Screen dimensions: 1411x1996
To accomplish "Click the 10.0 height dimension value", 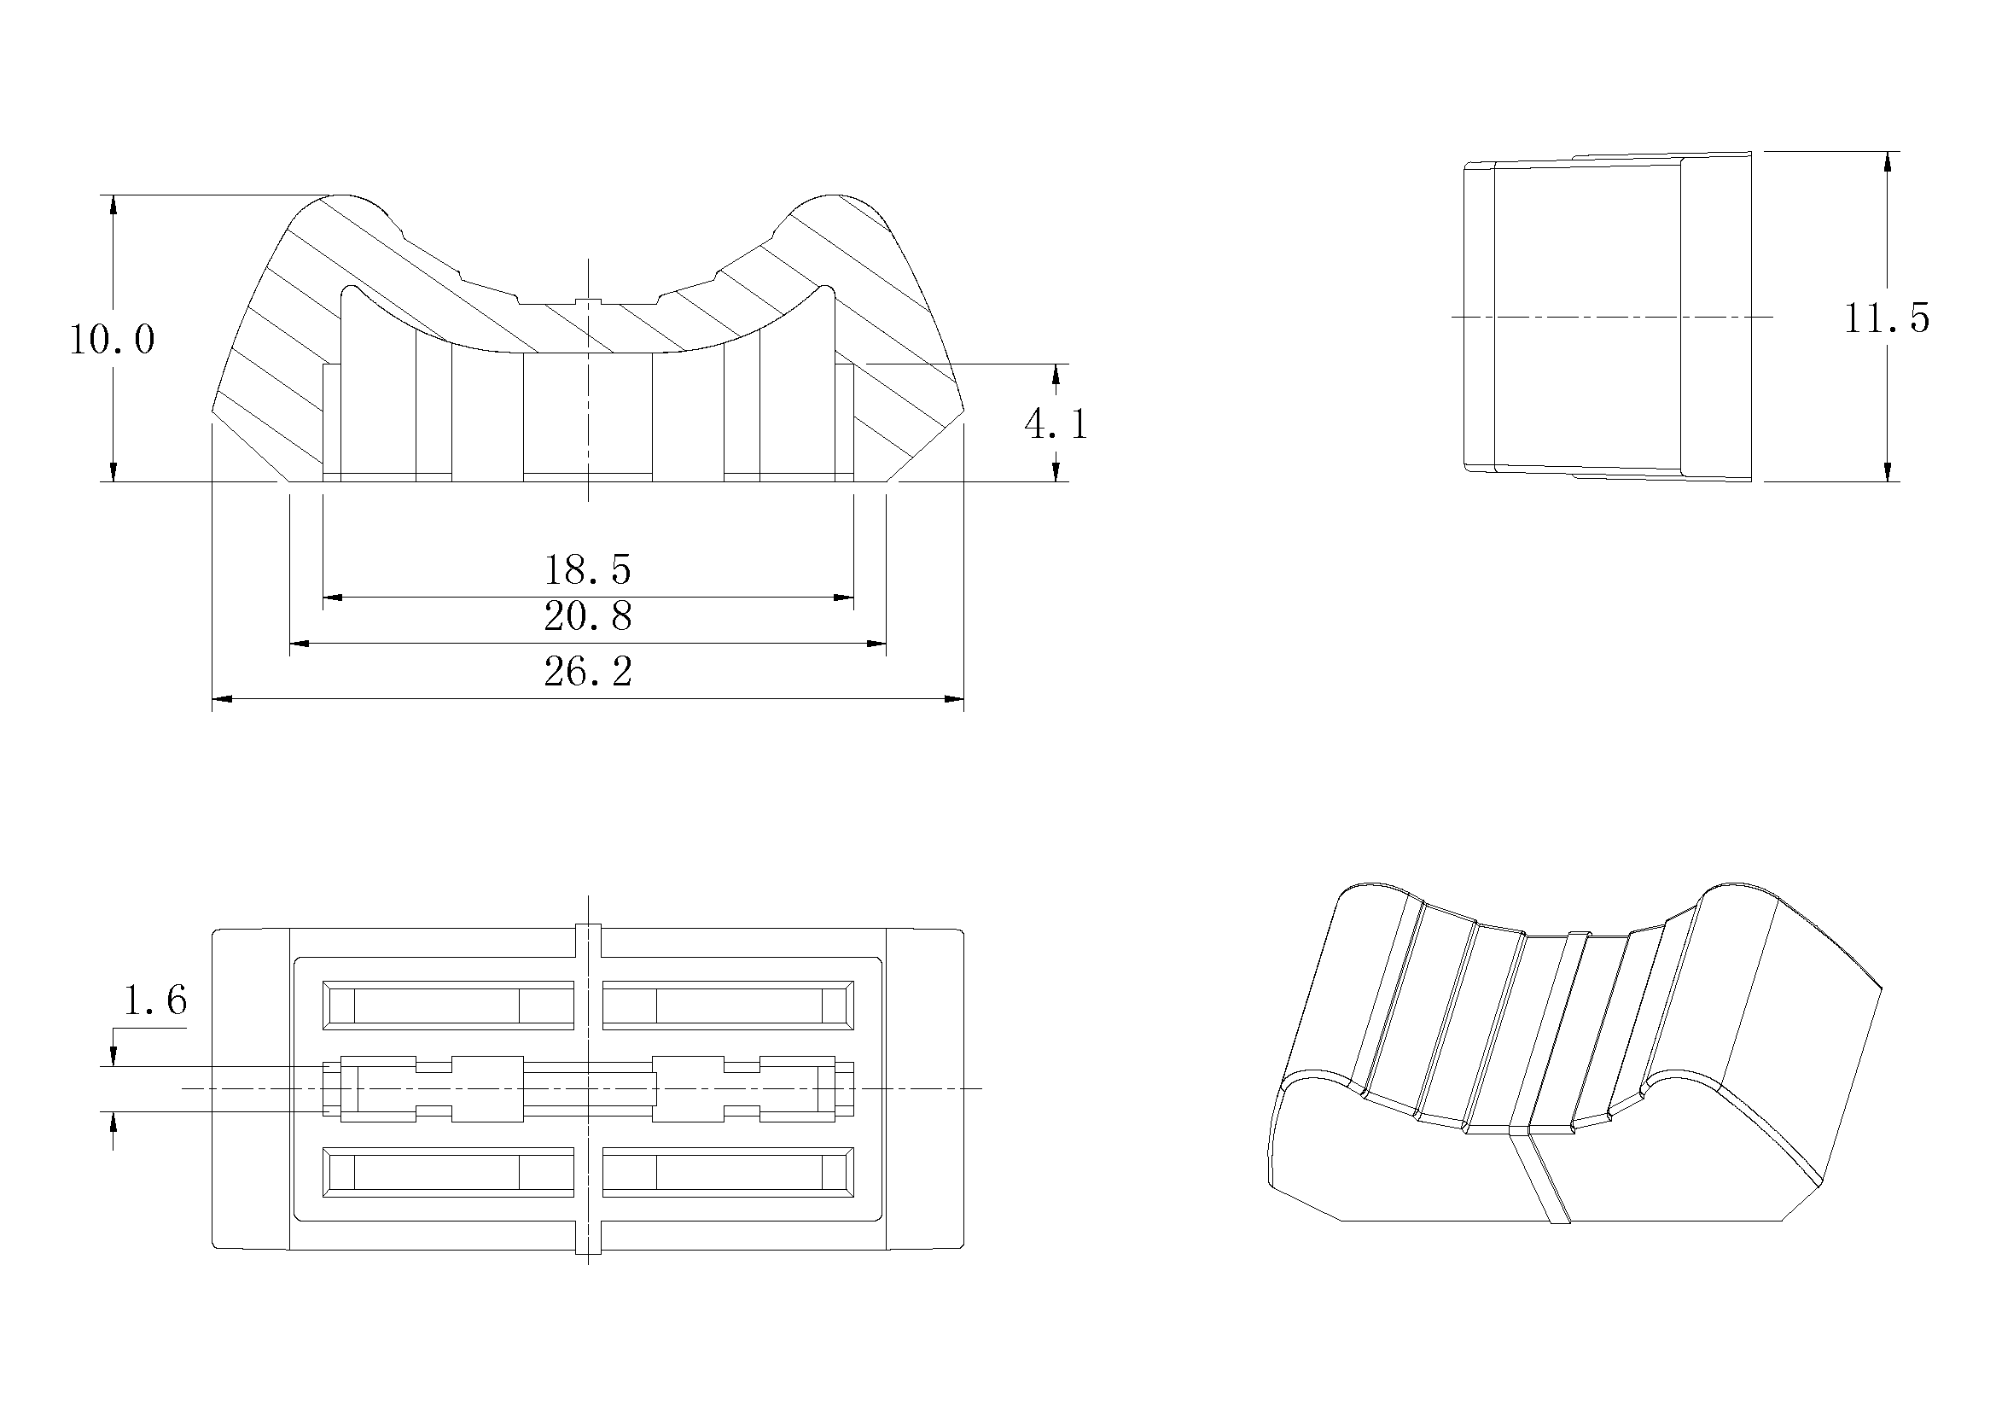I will (x=112, y=339).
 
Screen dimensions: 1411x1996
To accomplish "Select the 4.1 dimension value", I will (x=1056, y=425).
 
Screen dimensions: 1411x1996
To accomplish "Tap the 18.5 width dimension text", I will (x=588, y=570).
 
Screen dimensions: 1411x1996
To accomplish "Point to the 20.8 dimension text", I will (x=588, y=616).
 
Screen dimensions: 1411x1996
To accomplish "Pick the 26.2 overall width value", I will (x=588, y=672).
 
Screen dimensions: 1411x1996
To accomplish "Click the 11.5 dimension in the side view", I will (x=1887, y=318).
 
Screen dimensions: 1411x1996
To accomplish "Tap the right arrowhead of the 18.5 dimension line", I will (x=843, y=598).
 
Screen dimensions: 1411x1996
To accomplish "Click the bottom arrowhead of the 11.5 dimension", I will (x=1888, y=471).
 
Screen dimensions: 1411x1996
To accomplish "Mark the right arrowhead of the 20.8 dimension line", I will (x=876, y=644).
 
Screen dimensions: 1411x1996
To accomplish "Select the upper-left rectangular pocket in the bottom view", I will (x=449, y=1006).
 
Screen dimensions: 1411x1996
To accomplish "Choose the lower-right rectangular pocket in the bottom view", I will (x=728, y=1173).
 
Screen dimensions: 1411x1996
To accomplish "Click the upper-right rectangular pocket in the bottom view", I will (x=728, y=1006).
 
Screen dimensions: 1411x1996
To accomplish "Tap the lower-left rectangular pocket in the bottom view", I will (x=449, y=1173).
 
